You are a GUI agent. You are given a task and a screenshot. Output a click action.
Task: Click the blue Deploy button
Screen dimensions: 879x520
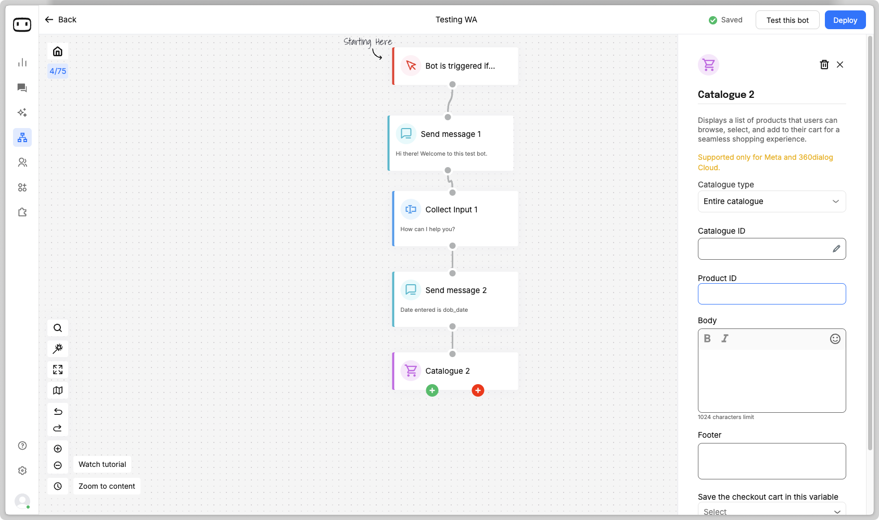pyautogui.click(x=845, y=20)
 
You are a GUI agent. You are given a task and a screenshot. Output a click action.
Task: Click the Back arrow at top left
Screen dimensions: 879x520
pyautogui.click(x=49, y=20)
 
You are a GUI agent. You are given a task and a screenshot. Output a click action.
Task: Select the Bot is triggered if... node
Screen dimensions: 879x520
pyautogui.click(x=455, y=66)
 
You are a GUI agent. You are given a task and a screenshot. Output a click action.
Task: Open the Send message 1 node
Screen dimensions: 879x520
pyautogui.click(x=451, y=143)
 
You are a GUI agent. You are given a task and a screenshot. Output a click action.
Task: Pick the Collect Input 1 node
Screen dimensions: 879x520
pyautogui.click(x=455, y=219)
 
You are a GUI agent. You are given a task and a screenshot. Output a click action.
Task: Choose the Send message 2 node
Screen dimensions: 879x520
pyautogui.click(x=455, y=299)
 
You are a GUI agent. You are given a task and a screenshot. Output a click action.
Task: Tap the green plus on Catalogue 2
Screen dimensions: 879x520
pyautogui.click(x=432, y=390)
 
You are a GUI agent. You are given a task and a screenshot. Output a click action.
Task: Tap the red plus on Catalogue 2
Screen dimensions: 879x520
pyautogui.click(x=478, y=390)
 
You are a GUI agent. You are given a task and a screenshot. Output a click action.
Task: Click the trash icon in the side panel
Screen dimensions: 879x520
pyautogui.click(x=824, y=65)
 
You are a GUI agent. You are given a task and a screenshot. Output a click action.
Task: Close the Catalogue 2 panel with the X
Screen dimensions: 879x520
pyautogui.click(x=840, y=65)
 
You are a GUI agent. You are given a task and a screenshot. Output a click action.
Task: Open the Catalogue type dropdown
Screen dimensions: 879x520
pyautogui.click(x=771, y=201)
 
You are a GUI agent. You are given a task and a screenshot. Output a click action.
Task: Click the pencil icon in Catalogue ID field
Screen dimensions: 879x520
pyautogui.click(x=836, y=249)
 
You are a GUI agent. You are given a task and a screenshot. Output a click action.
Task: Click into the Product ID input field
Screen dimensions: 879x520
pyautogui.click(x=771, y=294)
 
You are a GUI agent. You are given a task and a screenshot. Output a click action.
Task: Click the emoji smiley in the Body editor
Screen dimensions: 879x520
pyautogui.click(x=835, y=339)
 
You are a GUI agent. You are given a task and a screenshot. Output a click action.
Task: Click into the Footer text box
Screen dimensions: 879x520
pyautogui.click(x=771, y=461)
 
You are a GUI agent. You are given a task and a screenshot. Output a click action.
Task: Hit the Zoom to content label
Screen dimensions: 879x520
pyautogui.click(x=107, y=486)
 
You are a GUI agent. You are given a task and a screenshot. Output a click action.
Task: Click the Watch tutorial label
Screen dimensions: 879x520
pyautogui.click(x=103, y=464)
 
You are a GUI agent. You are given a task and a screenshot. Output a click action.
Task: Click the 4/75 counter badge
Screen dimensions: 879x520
pyautogui.click(x=58, y=71)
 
